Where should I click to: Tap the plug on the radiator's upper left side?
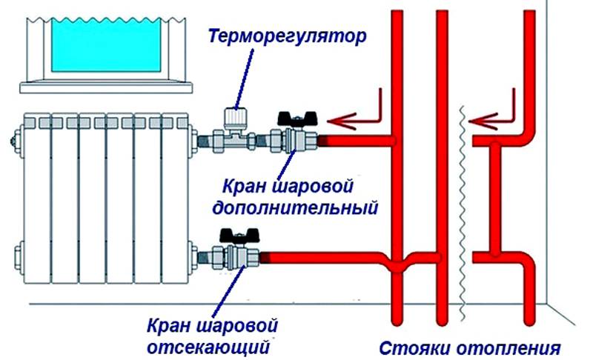[x=13, y=137]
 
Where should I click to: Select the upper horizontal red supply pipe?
[x=356, y=140]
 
